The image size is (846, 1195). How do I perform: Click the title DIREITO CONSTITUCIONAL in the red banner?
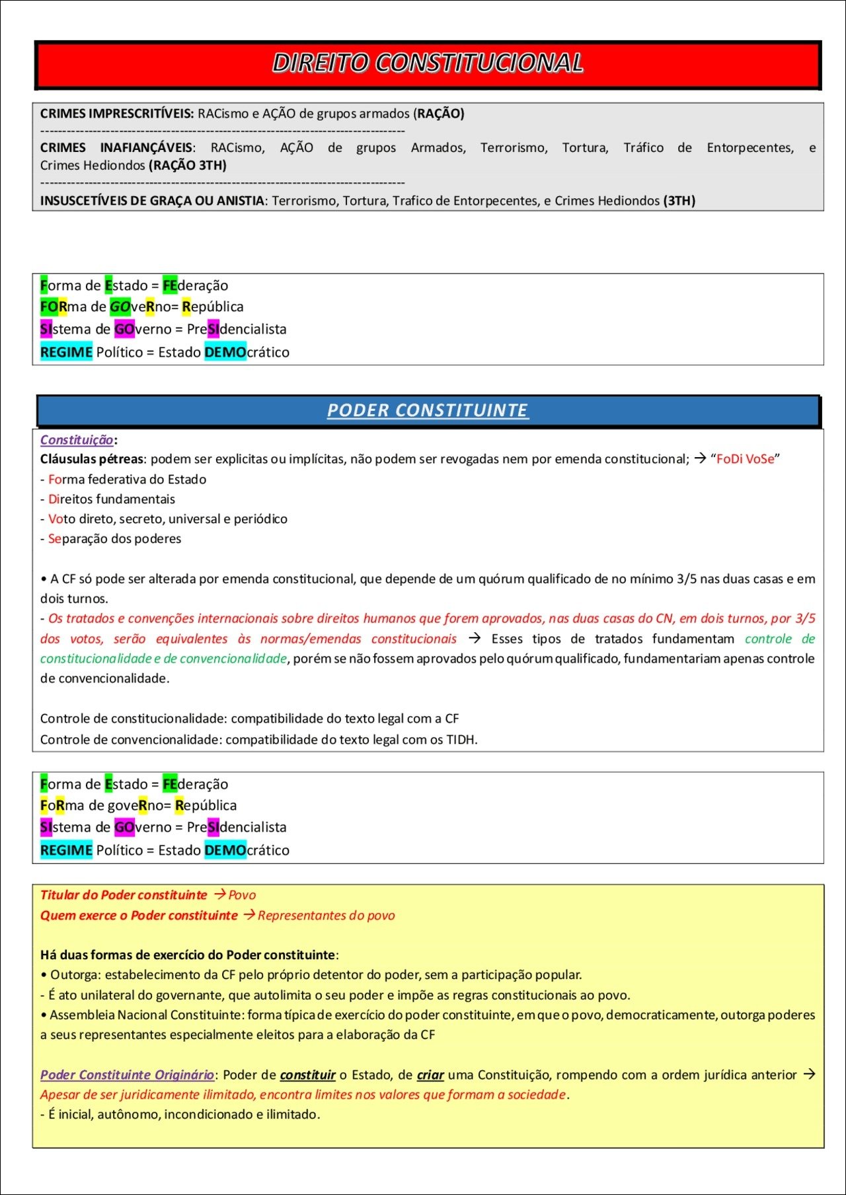[x=428, y=63]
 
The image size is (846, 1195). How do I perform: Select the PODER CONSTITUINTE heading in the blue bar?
[x=428, y=410]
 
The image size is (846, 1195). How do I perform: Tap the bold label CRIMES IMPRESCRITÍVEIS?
[x=116, y=114]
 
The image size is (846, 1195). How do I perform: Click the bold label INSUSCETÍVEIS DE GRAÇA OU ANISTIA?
[x=152, y=201]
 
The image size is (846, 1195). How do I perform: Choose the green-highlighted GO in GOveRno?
[x=120, y=307]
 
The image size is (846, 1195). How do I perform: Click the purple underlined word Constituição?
[x=77, y=440]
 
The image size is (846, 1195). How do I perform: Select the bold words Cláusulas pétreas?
[x=91, y=459]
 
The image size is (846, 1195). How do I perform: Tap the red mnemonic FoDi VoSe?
[x=745, y=459]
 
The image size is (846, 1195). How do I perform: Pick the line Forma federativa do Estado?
[x=127, y=480]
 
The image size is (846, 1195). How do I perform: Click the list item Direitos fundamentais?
[x=111, y=499]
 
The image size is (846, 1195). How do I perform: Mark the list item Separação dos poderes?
[x=114, y=539]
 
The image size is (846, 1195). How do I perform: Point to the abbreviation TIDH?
[x=461, y=740]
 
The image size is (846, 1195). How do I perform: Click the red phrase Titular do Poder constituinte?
[x=124, y=895]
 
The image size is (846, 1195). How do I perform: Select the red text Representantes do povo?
[x=327, y=916]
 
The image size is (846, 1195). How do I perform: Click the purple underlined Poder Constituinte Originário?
[x=127, y=1075]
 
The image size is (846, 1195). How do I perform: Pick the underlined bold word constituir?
[x=307, y=1075]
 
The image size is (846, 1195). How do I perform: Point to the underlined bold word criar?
[x=430, y=1075]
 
